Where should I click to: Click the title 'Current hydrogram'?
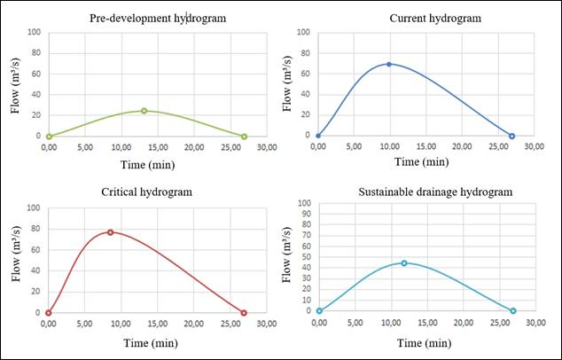(x=423, y=18)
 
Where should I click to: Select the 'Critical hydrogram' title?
(x=146, y=192)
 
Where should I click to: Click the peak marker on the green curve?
(x=144, y=111)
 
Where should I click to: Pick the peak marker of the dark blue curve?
(x=388, y=64)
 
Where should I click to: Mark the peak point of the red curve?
(x=111, y=232)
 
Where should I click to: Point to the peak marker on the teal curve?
(x=404, y=262)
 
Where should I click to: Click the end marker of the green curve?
(x=244, y=136)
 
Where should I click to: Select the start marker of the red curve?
(x=49, y=312)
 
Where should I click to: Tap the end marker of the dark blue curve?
(x=512, y=136)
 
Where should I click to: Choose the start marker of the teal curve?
(x=319, y=310)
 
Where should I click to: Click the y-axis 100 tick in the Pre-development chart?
(x=35, y=32)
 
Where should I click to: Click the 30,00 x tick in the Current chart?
(x=534, y=145)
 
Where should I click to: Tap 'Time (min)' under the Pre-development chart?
(x=146, y=163)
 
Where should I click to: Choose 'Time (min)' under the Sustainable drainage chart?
(x=418, y=341)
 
